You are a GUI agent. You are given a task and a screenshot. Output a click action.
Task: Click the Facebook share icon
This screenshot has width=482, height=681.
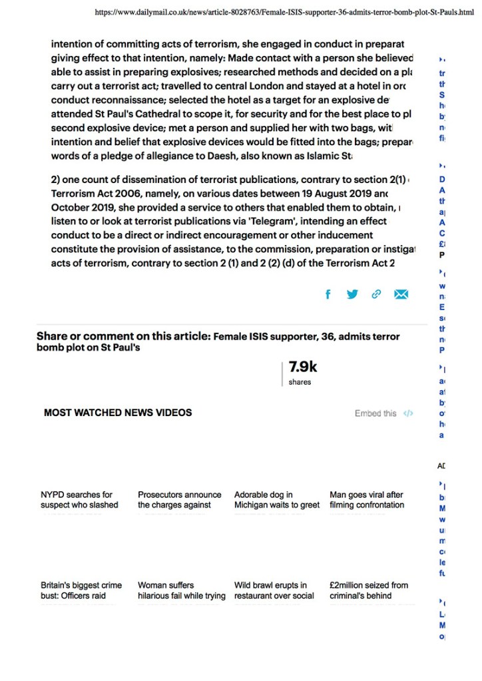click(x=327, y=294)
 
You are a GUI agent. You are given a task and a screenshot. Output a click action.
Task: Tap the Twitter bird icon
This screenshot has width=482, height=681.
click(x=352, y=294)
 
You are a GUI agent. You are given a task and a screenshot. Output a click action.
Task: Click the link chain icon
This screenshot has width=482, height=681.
click(x=376, y=294)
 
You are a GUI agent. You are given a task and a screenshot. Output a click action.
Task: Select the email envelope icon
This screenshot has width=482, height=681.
click(x=401, y=294)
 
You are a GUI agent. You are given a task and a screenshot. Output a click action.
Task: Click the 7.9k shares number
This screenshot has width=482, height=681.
click(x=303, y=367)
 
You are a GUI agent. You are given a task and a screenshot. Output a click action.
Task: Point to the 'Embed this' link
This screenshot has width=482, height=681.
click(x=376, y=413)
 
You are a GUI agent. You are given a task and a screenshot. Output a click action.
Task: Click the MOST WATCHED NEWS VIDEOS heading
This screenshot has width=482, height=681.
click(x=117, y=413)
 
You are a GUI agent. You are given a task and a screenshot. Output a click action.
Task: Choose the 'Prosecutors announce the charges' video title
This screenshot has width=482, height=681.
click(x=179, y=500)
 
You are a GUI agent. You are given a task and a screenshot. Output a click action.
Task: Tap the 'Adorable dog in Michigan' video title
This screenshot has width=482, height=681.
click(x=276, y=500)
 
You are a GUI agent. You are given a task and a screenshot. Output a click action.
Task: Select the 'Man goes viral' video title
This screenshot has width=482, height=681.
click(x=367, y=500)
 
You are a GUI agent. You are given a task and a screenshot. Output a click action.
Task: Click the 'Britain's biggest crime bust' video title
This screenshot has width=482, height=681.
click(x=81, y=590)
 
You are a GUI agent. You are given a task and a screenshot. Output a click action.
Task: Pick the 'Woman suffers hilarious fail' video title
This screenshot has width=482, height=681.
click(x=181, y=590)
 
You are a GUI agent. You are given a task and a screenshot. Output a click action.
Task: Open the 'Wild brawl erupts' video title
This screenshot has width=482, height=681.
click(x=274, y=590)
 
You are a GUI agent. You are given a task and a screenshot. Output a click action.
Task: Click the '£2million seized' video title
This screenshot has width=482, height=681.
click(x=369, y=590)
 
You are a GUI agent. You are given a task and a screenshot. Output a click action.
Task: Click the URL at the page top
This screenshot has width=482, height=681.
click(x=284, y=12)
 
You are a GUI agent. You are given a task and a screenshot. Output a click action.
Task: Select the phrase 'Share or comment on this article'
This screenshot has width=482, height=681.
click(x=123, y=336)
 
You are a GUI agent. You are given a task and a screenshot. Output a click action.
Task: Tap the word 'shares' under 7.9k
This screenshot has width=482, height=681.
click(x=300, y=382)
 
